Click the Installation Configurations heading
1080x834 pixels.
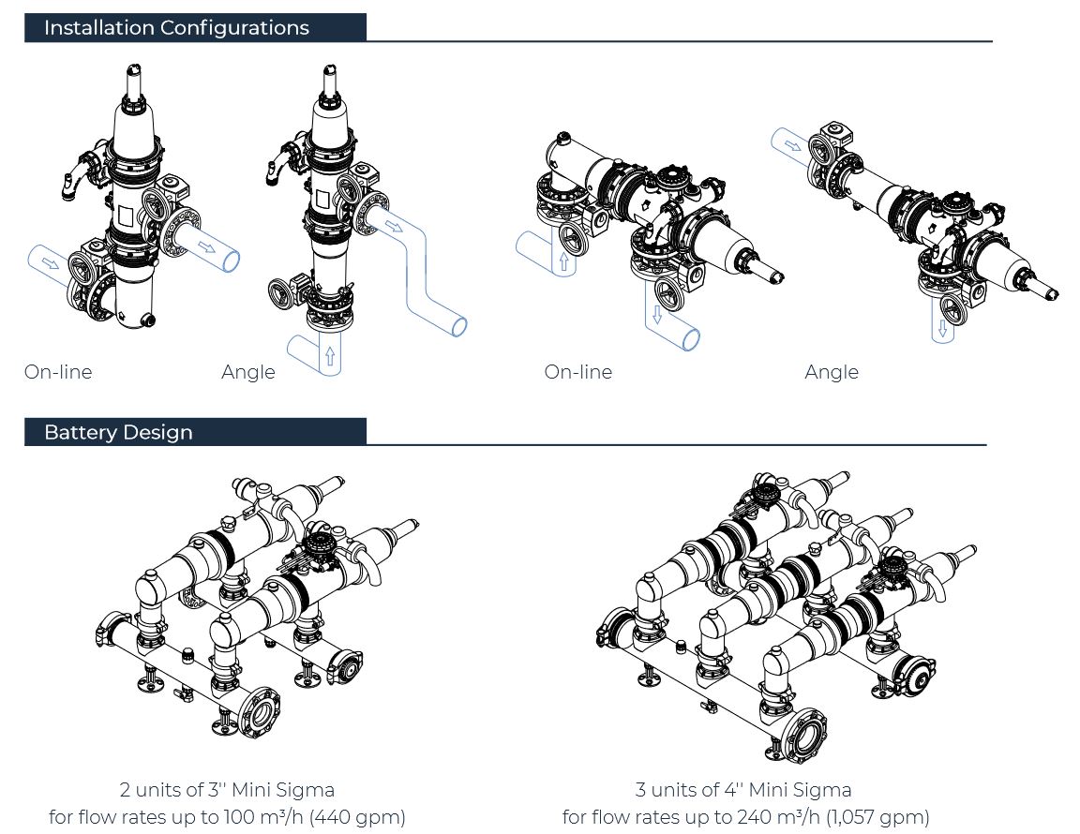coord(176,28)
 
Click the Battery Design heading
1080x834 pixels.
coord(118,433)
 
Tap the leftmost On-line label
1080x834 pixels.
coord(58,372)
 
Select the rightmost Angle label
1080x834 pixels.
coord(831,372)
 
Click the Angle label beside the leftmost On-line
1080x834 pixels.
coord(248,372)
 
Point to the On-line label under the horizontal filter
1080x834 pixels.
coord(577,372)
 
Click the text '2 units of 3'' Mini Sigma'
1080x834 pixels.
coord(227,790)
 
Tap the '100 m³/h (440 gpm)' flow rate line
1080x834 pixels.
coord(227,817)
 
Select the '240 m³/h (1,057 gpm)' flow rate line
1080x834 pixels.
coord(745,817)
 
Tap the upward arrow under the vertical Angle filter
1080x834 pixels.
coord(328,356)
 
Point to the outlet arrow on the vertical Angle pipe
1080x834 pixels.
coord(395,227)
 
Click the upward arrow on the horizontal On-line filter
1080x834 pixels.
coord(564,261)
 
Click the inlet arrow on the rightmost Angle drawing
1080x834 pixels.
coord(793,145)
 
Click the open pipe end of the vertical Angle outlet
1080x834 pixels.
coord(459,326)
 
